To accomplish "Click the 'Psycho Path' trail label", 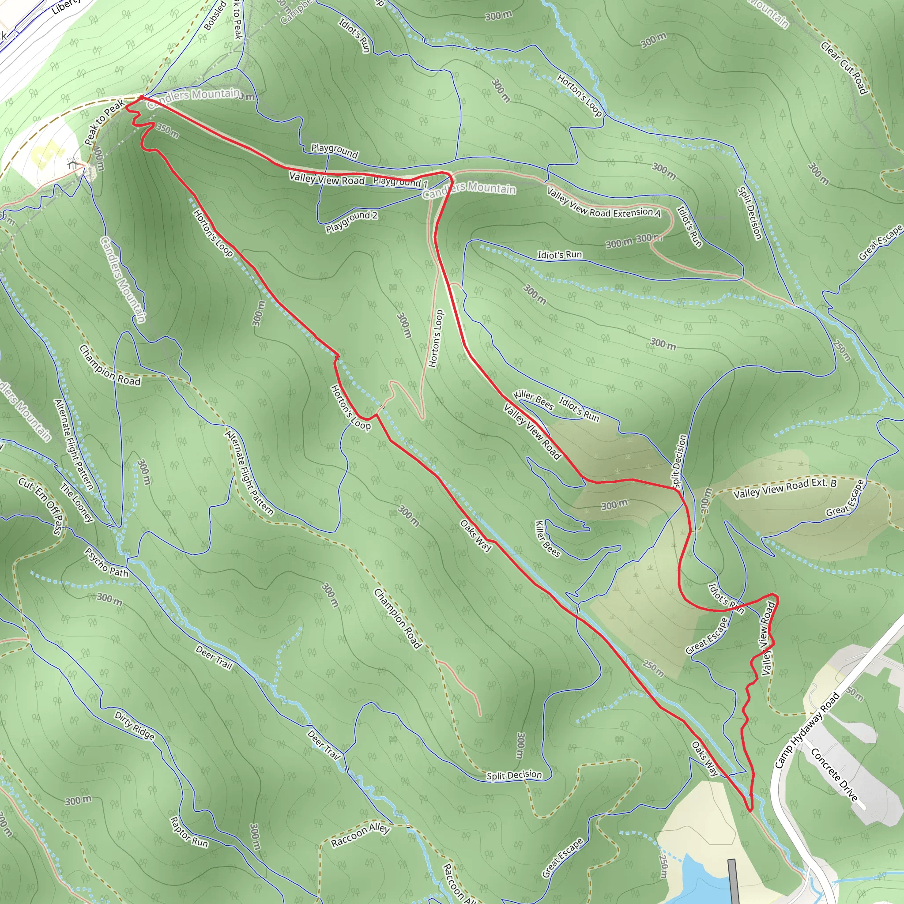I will pyautogui.click(x=106, y=563).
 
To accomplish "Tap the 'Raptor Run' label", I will pyautogui.click(x=188, y=832).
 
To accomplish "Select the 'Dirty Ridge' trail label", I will pyautogui.click(x=134, y=726).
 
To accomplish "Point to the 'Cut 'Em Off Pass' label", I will pyautogui.click(x=41, y=506).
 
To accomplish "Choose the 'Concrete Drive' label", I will pyautogui.click(x=834, y=775).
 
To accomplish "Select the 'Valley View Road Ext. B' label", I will pyautogui.click(x=785, y=489).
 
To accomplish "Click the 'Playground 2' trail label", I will pyautogui.click(x=351, y=221).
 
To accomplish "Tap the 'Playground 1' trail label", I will pyautogui.click(x=400, y=182).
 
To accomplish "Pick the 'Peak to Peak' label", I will pyautogui.click(x=104, y=122).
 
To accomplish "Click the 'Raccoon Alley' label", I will pyautogui.click(x=360, y=835).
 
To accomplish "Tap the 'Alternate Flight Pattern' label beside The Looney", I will pyautogui.click(x=74, y=444).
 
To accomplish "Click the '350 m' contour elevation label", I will pyautogui.click(x=167, y=131).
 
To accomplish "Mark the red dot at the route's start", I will pyautogui.click(x=141, y=97).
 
